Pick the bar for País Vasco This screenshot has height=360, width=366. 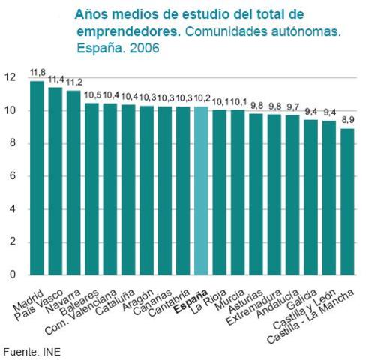[x=55, y=181]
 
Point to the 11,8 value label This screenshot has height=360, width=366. [x=37, y=73]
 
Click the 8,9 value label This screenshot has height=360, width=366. [x=347, y=120]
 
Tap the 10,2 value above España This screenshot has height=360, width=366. [x=201, y=98]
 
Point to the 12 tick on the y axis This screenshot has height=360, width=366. [x=10, y=77]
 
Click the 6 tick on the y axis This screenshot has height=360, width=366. [x=12, y=176]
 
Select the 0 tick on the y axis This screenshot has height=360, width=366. [x=12, y=274]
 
